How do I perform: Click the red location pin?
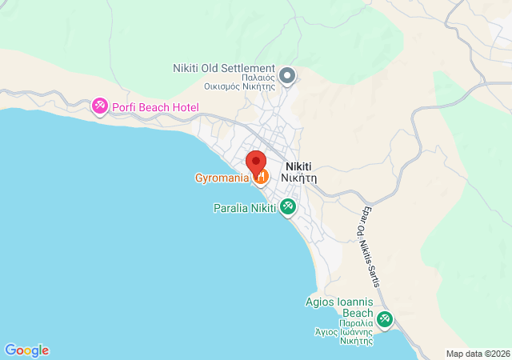coord(255,160)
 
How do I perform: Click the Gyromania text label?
coord(222,178)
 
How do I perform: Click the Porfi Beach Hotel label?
coord(155,107)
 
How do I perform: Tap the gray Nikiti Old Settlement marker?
coord(288,76)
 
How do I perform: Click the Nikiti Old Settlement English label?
coord(224,69)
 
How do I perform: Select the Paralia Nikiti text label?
coord(244,208)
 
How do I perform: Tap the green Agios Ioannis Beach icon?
coord(385,319)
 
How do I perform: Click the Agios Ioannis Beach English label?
coord(340,308)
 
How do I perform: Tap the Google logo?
coord(26,350)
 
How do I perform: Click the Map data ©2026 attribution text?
coord(477,354)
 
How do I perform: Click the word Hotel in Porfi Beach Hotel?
coord(184,107)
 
